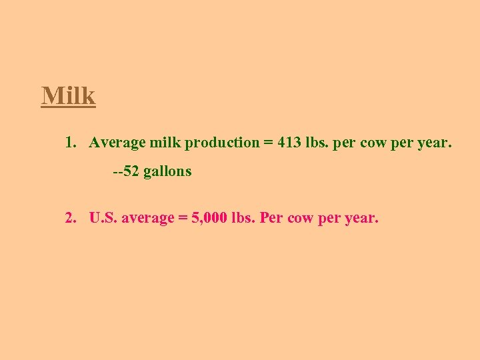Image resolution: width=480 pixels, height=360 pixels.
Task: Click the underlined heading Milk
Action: click(x=69, y=96)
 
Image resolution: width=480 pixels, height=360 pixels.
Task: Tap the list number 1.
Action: click(x=70, y=142)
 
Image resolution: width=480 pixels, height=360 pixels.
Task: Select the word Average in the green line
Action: click(x=117, y=142)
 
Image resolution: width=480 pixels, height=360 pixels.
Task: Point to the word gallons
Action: click(x=167, y=172)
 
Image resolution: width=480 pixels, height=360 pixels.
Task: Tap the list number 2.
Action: click(x=70, y=217)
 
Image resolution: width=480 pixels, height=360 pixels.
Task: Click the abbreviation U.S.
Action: click(x=104, y=217)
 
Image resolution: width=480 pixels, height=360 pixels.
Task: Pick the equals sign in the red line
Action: click(x=181, y=218)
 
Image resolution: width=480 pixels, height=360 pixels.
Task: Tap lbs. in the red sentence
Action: click(x=243, y=217)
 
